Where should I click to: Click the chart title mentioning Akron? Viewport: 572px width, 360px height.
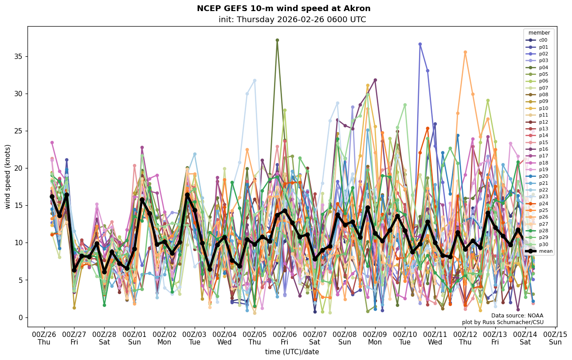283,8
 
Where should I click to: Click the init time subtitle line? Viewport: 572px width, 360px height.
292,20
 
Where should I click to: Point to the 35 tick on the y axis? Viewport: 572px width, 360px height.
19,57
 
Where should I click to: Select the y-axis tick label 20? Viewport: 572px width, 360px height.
19,168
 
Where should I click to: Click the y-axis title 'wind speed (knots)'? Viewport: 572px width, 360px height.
8,176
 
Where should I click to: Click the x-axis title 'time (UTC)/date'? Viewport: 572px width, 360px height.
292,352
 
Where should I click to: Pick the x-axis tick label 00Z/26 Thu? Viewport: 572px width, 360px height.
44,338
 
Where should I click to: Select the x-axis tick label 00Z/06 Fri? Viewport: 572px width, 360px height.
284,338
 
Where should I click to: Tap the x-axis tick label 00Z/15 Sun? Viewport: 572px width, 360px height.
555,338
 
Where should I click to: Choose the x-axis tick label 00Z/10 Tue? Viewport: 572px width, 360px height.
404,338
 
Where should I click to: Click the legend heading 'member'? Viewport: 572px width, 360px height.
539,33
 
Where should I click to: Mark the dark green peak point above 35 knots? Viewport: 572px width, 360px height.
277,40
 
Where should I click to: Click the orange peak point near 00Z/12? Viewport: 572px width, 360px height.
465,52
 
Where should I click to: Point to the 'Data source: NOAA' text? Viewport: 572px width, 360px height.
517,316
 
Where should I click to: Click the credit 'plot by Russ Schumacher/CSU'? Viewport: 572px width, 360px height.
502,322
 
